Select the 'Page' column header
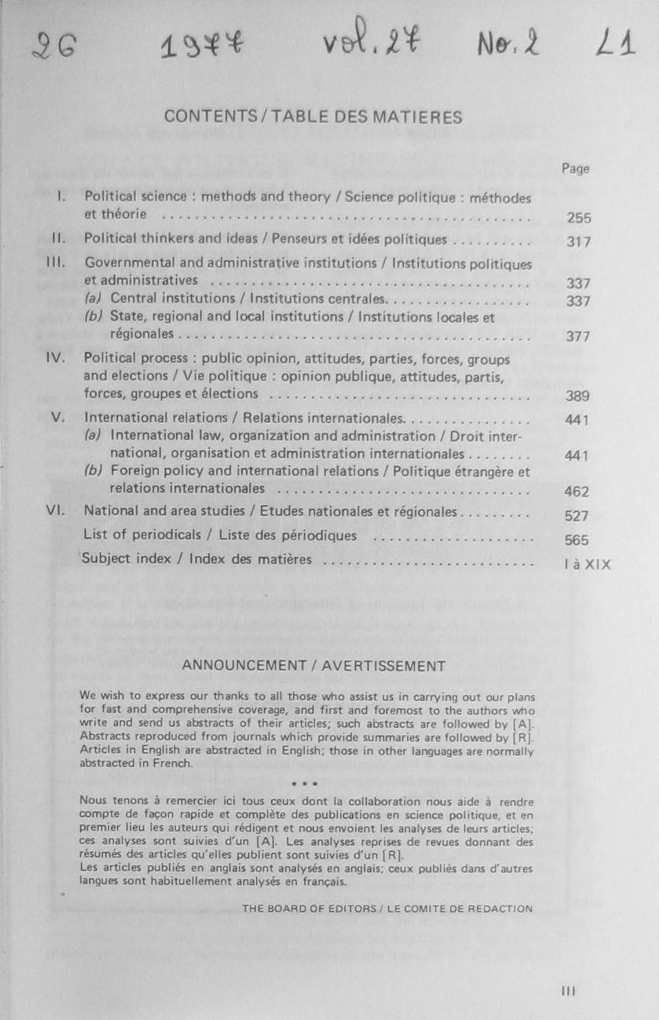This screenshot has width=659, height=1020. coord(575,169)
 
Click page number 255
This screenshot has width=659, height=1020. coord(578,218)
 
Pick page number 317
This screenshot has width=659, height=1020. coord(578,242)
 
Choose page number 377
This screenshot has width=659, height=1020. coord(578,337)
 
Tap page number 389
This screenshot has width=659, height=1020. coord(577,396)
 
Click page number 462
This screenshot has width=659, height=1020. coord(576,491)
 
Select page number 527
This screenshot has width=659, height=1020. coord(576,516)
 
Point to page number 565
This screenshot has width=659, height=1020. coord(576,540)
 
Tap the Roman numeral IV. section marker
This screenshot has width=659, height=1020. coord(55,358)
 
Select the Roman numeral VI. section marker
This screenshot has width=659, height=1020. coord(55,510)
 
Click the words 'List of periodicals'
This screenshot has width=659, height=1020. coord(142,535)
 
